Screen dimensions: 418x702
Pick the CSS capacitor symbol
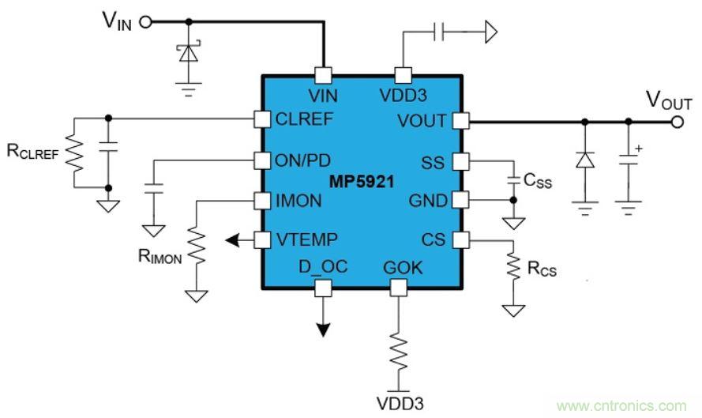[x=515, y=179]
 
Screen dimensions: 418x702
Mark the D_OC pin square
[x=322, y=288]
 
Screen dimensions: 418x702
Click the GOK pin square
[x=399, y=288]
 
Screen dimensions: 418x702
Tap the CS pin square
[x=461, y=239]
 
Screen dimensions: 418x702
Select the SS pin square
[x=461, y=162]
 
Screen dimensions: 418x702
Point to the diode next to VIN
[x=187, y=52]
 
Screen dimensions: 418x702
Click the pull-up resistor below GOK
[x=399, y=348]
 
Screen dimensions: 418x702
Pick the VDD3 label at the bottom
[x=399, y=401]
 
